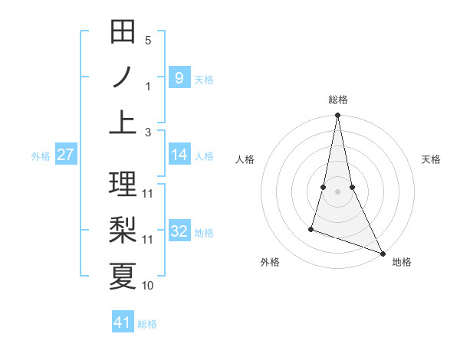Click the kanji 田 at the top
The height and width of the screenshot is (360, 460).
(x=123, y=33)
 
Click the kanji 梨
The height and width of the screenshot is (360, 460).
(x=123, y=229)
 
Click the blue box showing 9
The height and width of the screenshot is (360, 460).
(x=179, y=78)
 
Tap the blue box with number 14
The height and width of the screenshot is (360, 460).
(x=179, y=155)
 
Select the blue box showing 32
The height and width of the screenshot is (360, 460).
(x=179, y=232)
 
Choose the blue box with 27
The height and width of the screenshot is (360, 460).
(x=65, y=155)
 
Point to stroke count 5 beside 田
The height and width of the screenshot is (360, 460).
(x=148, y=41)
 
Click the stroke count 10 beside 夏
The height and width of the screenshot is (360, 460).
(x=148, y=286)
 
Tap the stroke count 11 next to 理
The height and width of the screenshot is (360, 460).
(x=148, y=193)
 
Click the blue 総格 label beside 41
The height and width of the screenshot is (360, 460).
(x=147, y=324)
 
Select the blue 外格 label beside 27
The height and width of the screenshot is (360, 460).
(x=41, y=156)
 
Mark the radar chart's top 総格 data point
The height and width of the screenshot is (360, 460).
(x=337, y=116)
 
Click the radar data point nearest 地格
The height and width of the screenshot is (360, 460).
(x=381, y=253)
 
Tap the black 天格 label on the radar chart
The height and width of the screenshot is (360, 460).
(x=432, y=159)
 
